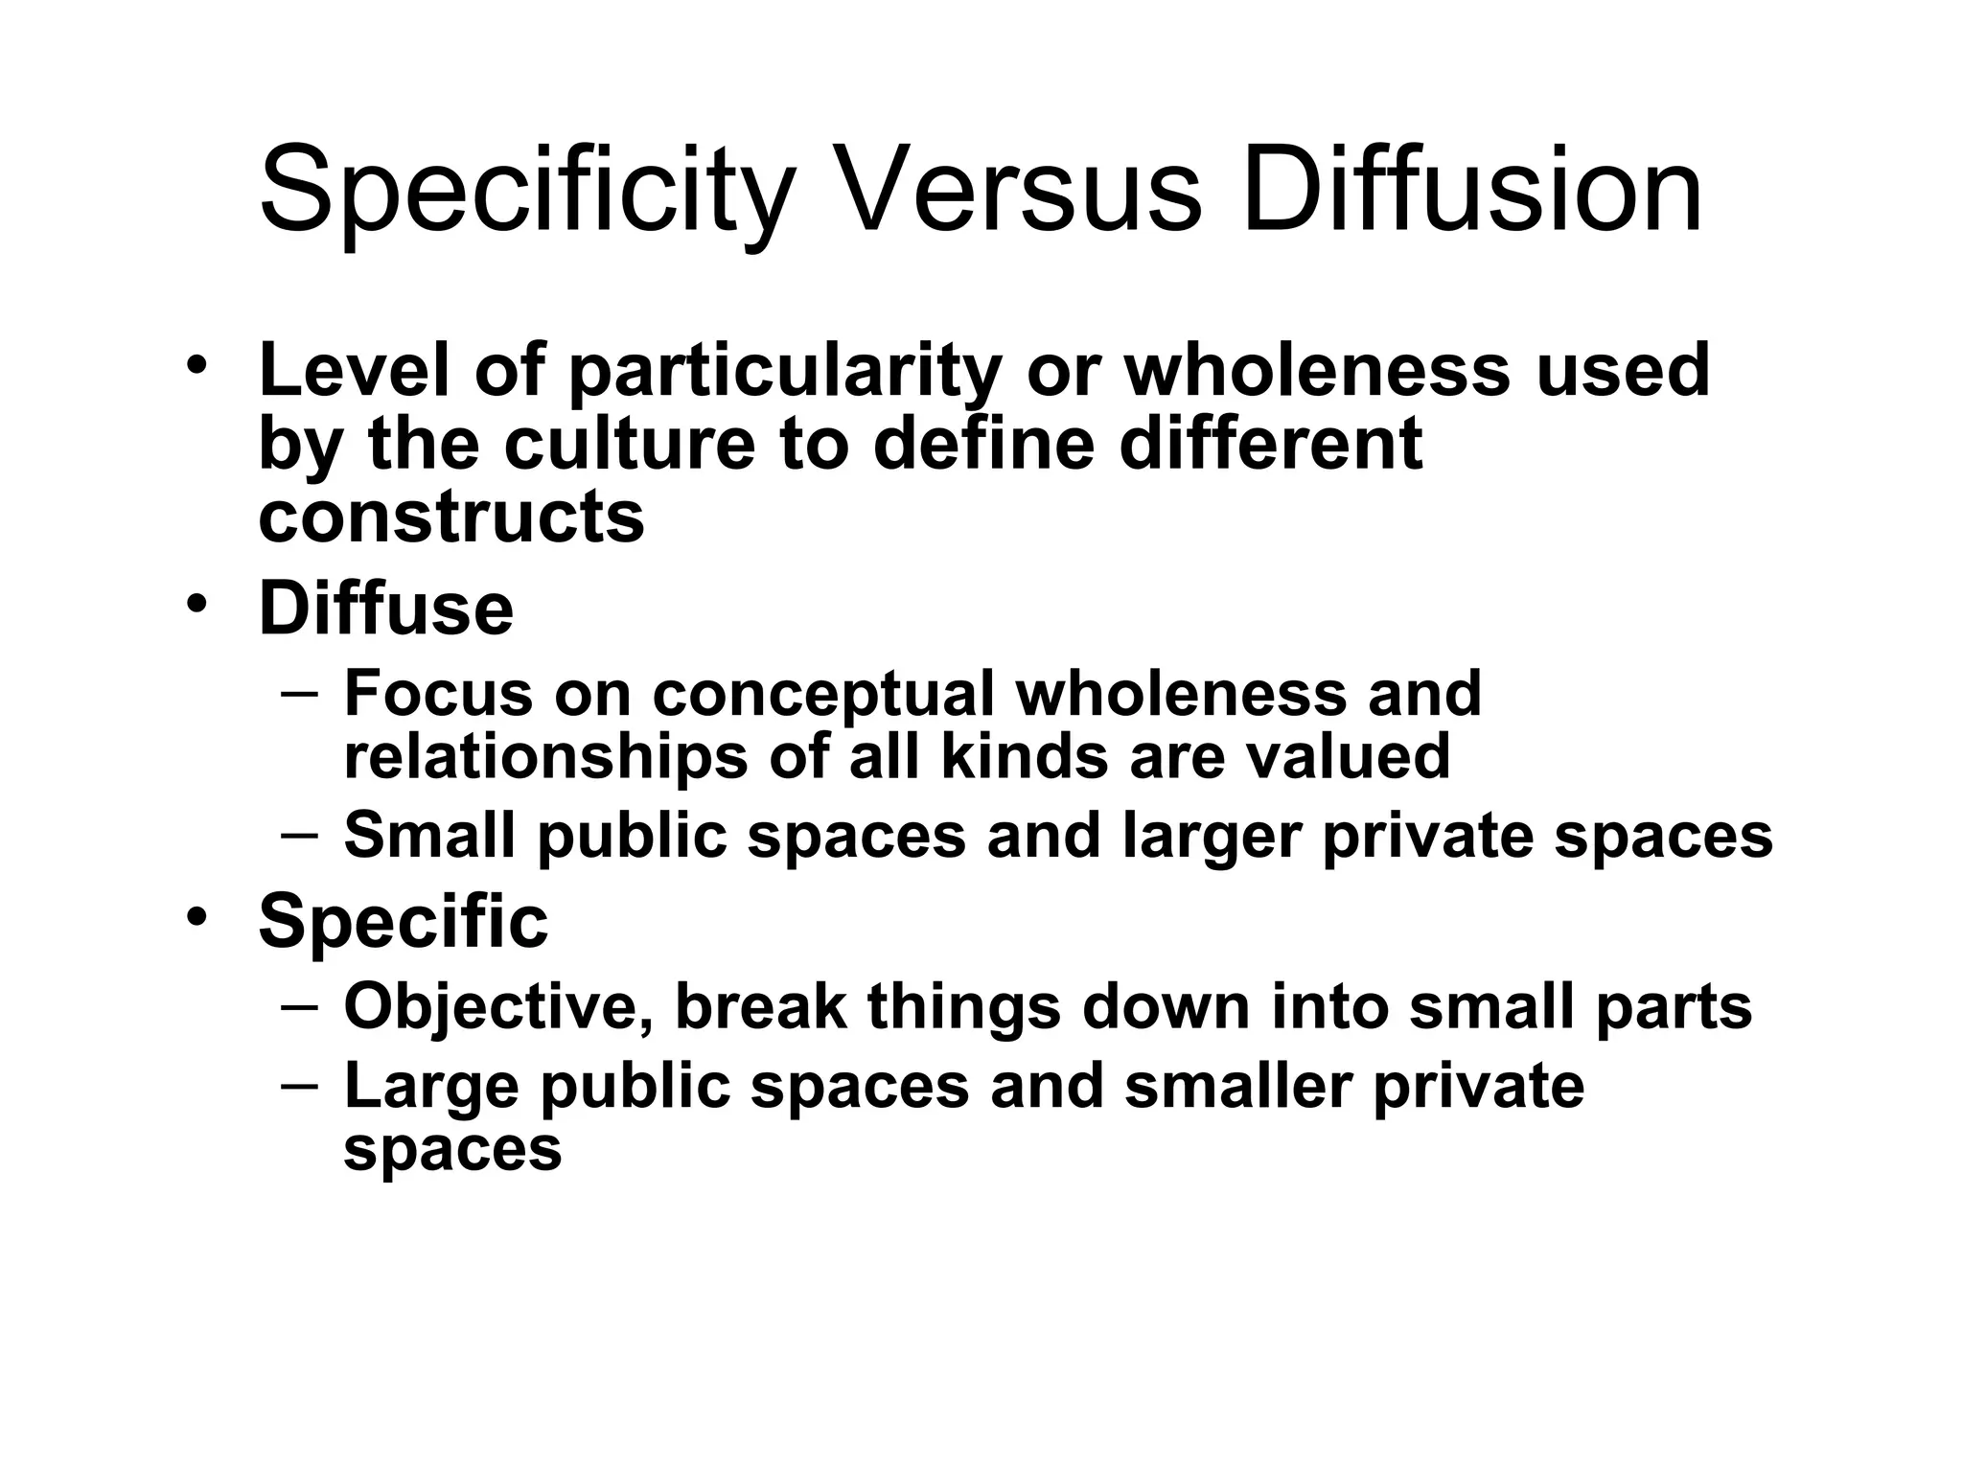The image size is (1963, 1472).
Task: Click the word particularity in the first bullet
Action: pyautogui.click(x=785, y=373)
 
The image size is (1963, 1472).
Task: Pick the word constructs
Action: pyautogui.click(x=451, y=517)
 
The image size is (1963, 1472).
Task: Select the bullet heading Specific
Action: pyautogui.click(x=404, y=922)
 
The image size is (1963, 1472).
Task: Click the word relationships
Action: pyautogui.click(x=545, y=756)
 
